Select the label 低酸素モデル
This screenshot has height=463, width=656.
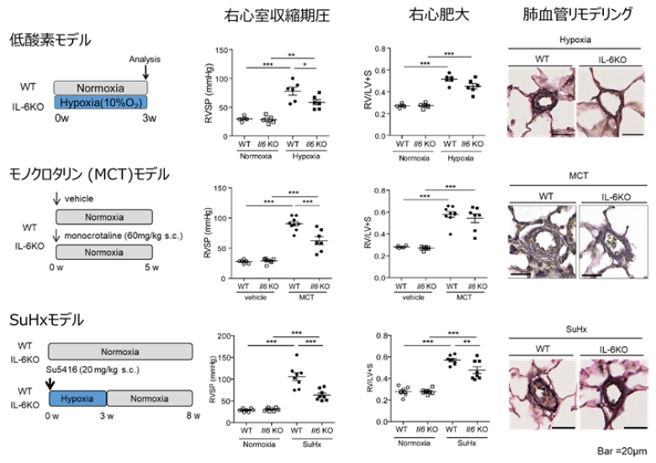point(50,40)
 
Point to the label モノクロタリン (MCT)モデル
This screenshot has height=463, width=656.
point(88,174)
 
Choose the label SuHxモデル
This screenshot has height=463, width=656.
point(46,321)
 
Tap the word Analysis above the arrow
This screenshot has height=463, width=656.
point(145,59)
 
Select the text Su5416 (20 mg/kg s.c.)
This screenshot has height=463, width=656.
point(87,370)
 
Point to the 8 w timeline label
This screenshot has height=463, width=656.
point(193,415)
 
